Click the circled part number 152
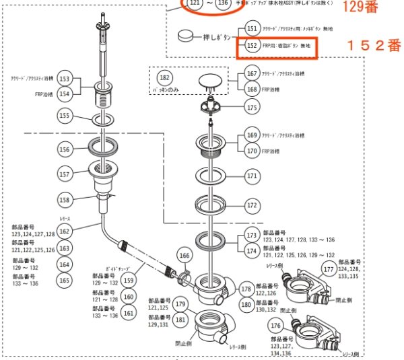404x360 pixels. coord(251,47)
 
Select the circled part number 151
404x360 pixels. coord(251,29)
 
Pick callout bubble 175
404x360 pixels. coord(252,107)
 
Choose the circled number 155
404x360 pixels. coord(64,117)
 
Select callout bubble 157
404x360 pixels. coord(64,174)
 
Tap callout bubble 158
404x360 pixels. coord(64,199)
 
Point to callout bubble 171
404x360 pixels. coord(252,176)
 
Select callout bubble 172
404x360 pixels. coord(252,205)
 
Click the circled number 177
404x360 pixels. coord(329,269)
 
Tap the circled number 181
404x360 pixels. coord(180,320)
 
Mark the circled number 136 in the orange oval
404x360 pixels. coord(223,3)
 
